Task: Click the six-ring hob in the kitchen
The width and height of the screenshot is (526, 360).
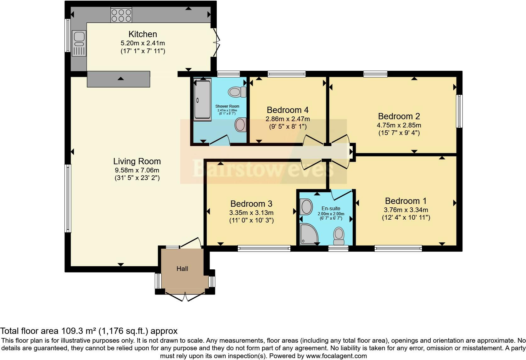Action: point(121,15)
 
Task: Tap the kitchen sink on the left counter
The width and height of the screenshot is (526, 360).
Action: point(79,43)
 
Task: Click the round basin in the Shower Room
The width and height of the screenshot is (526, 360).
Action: point(241,125)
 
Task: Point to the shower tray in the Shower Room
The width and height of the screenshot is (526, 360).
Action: point(202,99)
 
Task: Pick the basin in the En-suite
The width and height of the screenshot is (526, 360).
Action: point(306,207)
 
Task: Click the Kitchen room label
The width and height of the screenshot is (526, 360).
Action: point(143,34)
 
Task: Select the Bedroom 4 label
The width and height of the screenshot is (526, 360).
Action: point(288,110)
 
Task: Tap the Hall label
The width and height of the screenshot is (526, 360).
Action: point(182,269)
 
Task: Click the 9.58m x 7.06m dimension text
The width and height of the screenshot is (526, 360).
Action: point(137,170)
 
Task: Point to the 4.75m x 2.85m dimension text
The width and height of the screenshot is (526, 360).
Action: point(399,125)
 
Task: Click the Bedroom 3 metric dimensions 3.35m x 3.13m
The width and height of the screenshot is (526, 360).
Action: point(251,213)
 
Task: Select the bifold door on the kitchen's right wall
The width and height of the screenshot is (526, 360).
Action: point(216,42)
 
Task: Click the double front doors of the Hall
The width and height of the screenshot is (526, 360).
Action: point(185,297)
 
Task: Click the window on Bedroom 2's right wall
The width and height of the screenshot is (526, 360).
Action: point(459,111)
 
